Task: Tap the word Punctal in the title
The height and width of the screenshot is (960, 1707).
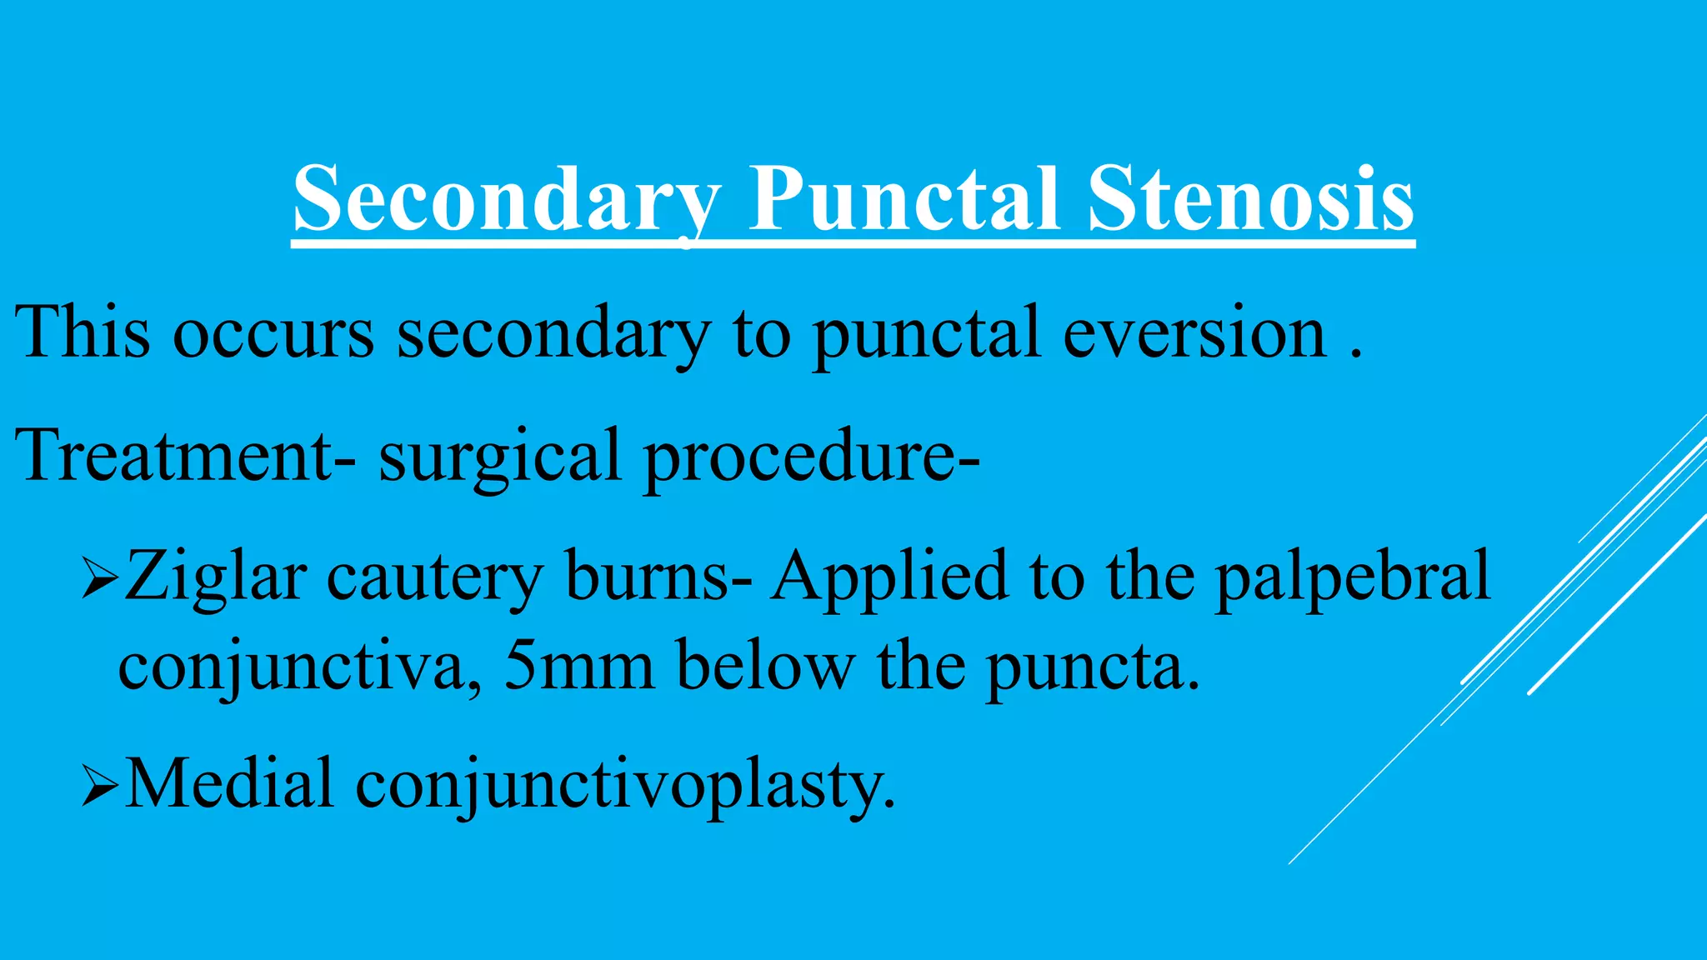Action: click(904, 201)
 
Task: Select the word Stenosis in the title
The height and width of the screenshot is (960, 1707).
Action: click(1250, 201)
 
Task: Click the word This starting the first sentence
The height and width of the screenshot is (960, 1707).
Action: click(83, 332)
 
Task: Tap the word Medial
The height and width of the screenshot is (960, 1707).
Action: click(229, 783)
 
